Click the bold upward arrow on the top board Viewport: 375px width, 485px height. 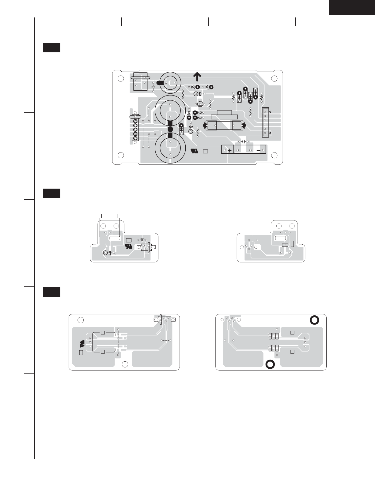(197, 77)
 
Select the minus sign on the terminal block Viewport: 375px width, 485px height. (258, 150)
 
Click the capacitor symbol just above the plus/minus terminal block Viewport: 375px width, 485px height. (244, 142)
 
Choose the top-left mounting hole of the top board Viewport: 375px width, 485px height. (121, 78)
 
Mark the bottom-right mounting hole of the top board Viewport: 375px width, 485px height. (274, 155)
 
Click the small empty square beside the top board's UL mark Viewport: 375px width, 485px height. (206, 151)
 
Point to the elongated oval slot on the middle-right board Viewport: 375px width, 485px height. (280, 238)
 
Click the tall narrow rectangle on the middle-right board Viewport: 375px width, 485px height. (292, 244)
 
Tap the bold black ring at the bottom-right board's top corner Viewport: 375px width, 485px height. (315, 320)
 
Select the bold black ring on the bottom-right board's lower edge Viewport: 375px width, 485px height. (270, 364)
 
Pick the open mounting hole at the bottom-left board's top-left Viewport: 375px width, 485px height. (80, 320)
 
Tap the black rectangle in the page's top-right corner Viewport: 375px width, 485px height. (352, 7)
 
